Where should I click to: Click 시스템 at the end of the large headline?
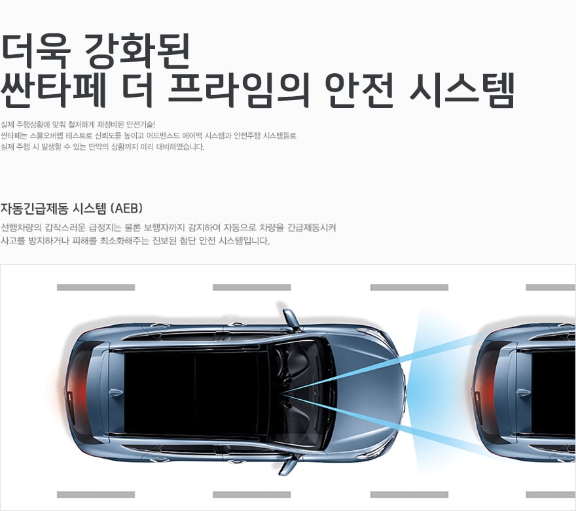tap(461, 90)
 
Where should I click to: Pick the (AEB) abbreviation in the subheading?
tap(126, 208)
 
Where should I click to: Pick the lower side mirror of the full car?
tap(287, 465)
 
